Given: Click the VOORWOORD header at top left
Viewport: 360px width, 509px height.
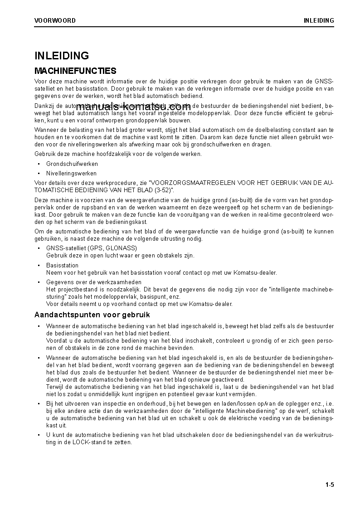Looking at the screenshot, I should click(55, 20).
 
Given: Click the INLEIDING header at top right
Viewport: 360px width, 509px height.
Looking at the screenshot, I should click(319, 20).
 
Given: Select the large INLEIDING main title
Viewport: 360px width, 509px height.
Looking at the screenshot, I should click(62, 56).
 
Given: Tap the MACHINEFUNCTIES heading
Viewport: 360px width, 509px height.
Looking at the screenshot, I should click(75, 71).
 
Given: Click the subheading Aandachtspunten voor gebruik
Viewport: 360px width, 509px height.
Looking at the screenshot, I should click(92, 315).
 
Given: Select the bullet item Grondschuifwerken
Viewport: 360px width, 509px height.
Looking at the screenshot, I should click(72, 164).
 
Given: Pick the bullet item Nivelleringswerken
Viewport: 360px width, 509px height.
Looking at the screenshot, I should click(71, 173).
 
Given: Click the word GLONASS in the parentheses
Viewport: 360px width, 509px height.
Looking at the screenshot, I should click(122, 248).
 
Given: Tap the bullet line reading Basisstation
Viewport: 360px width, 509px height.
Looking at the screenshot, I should click(62, 265).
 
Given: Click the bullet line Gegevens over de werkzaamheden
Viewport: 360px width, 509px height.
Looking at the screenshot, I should click(94, 282).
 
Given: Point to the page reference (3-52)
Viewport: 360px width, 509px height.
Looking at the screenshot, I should click(163, 190).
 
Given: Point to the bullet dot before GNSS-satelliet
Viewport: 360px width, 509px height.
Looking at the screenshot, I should click(39, 248).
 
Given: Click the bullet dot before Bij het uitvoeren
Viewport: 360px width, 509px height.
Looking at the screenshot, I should click(39, 404).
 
